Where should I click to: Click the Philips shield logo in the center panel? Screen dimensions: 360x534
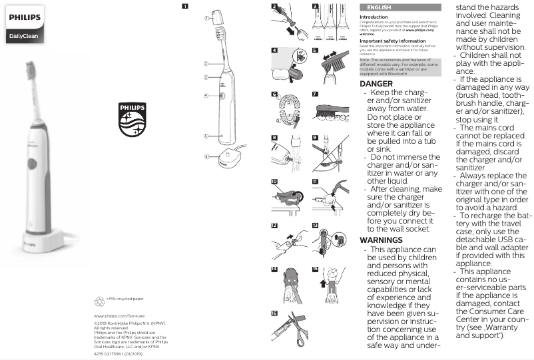click(x=131, y=119)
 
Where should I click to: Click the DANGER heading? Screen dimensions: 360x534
click(x=376, y=84)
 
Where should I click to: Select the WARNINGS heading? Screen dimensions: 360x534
click(x=381, y=240)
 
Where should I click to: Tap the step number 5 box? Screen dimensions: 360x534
click(x=315, y=49)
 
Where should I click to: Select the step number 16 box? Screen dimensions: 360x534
click(x=274, y=313)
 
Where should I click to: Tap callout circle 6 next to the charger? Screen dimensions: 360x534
click(x=206, y=158)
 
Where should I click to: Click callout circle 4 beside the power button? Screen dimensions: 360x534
click(x=206, y=95)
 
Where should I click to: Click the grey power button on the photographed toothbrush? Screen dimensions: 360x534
click(x=31, y=164)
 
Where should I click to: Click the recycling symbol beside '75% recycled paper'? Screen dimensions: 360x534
click(x=100, y=300)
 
